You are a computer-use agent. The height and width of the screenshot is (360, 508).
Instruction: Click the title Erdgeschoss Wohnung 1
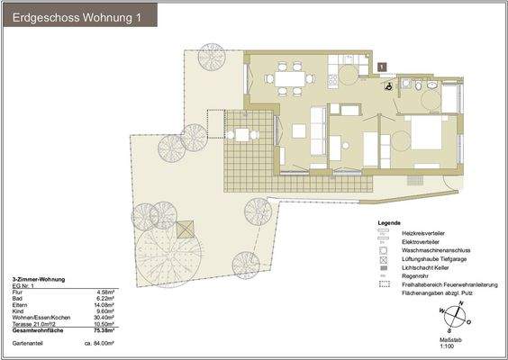click(78, 14)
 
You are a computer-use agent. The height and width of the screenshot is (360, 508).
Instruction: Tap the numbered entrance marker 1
click(383, 67)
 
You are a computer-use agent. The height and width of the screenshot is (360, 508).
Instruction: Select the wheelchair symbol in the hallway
click(389, 86)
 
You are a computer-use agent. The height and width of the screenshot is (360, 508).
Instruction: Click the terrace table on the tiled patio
click(243, 135)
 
